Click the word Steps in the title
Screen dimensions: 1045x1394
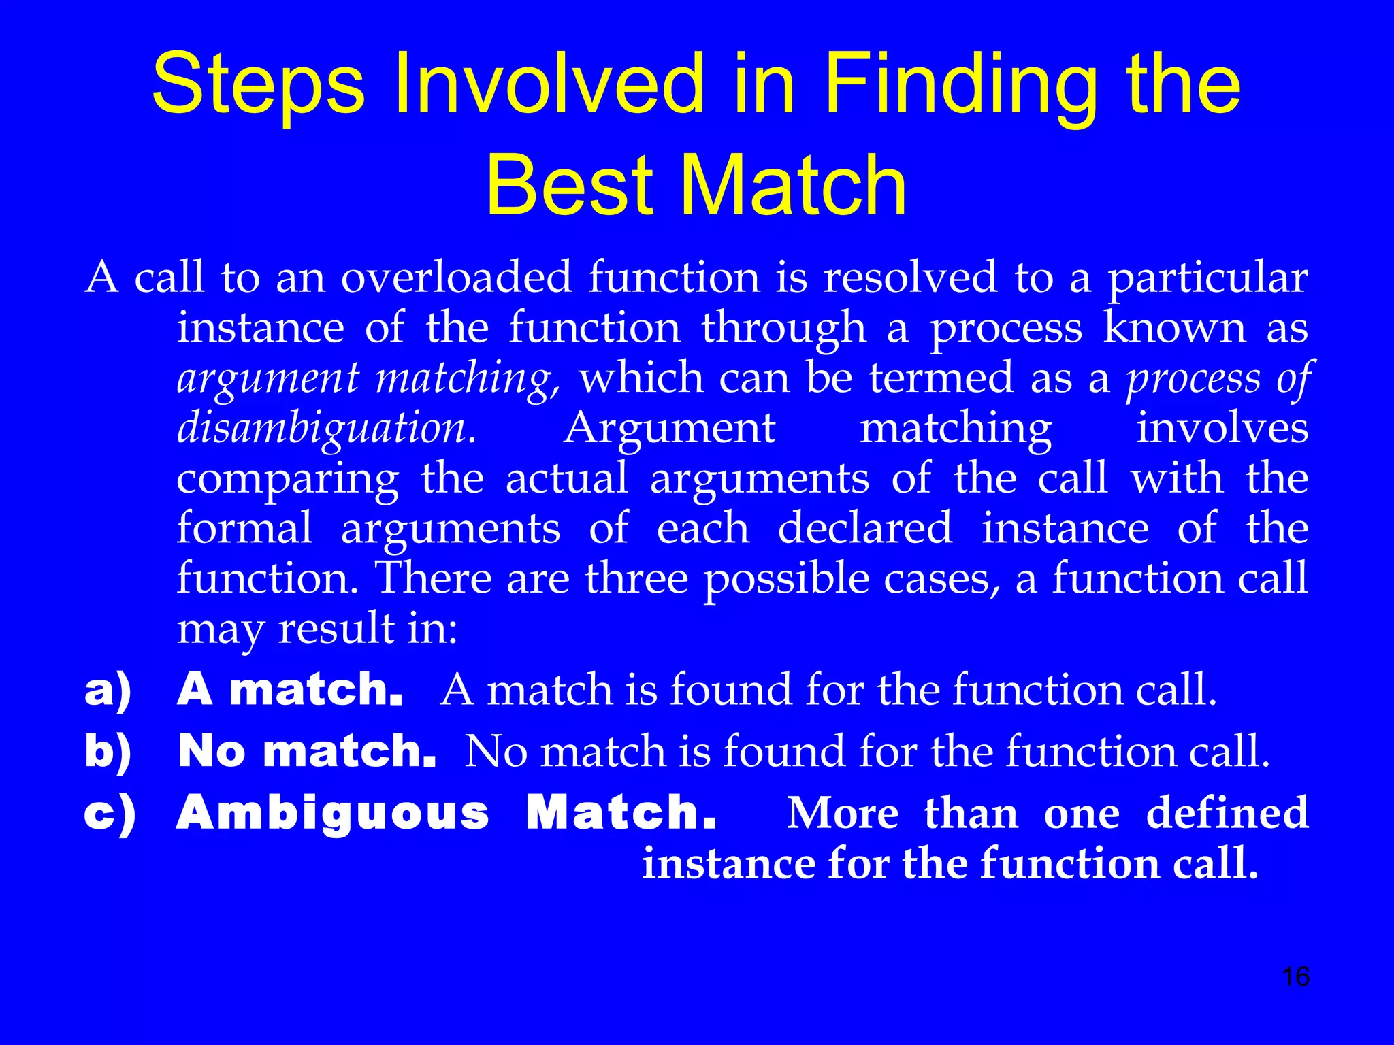pos(258,85)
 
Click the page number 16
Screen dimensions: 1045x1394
pos(1295,977)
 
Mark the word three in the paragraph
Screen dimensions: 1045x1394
pos(636,578)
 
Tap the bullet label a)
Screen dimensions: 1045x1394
pos(108,691)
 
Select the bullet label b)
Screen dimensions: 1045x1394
pos(108,752)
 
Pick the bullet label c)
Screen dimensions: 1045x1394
pos(109,814)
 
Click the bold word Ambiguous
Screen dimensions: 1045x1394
pos(333,814)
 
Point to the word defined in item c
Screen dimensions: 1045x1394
pos(1227,812)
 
